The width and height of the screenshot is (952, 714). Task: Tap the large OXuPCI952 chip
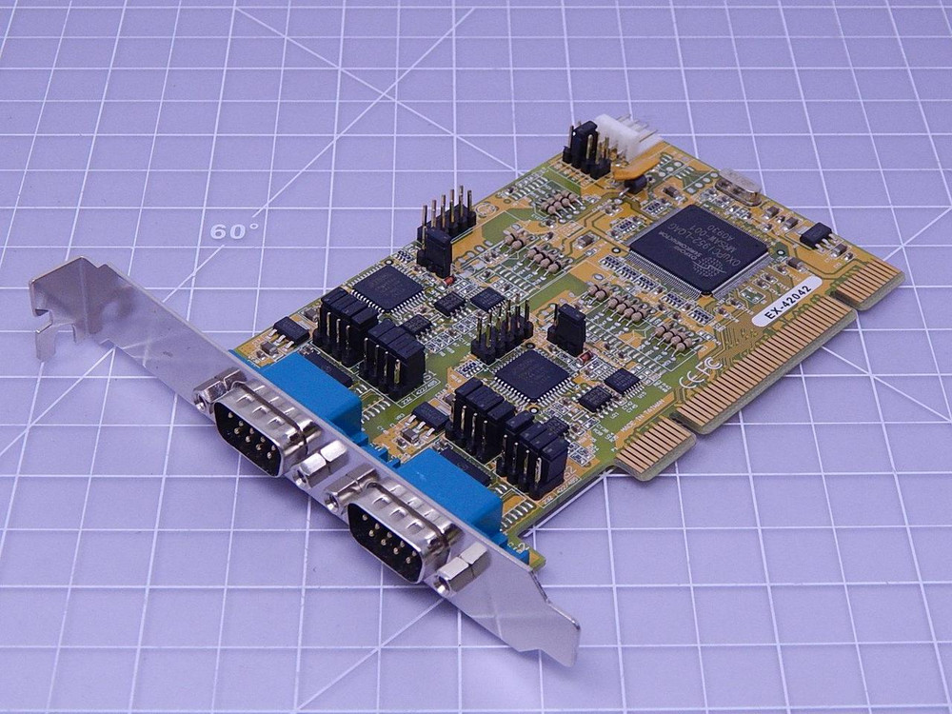[698, 250]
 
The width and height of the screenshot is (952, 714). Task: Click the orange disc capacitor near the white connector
[627, 172]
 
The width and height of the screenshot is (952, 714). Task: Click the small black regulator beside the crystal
[815, 233]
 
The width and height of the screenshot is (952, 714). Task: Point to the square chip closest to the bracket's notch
[387, 287]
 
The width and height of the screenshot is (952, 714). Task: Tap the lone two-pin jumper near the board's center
[567, 328]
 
